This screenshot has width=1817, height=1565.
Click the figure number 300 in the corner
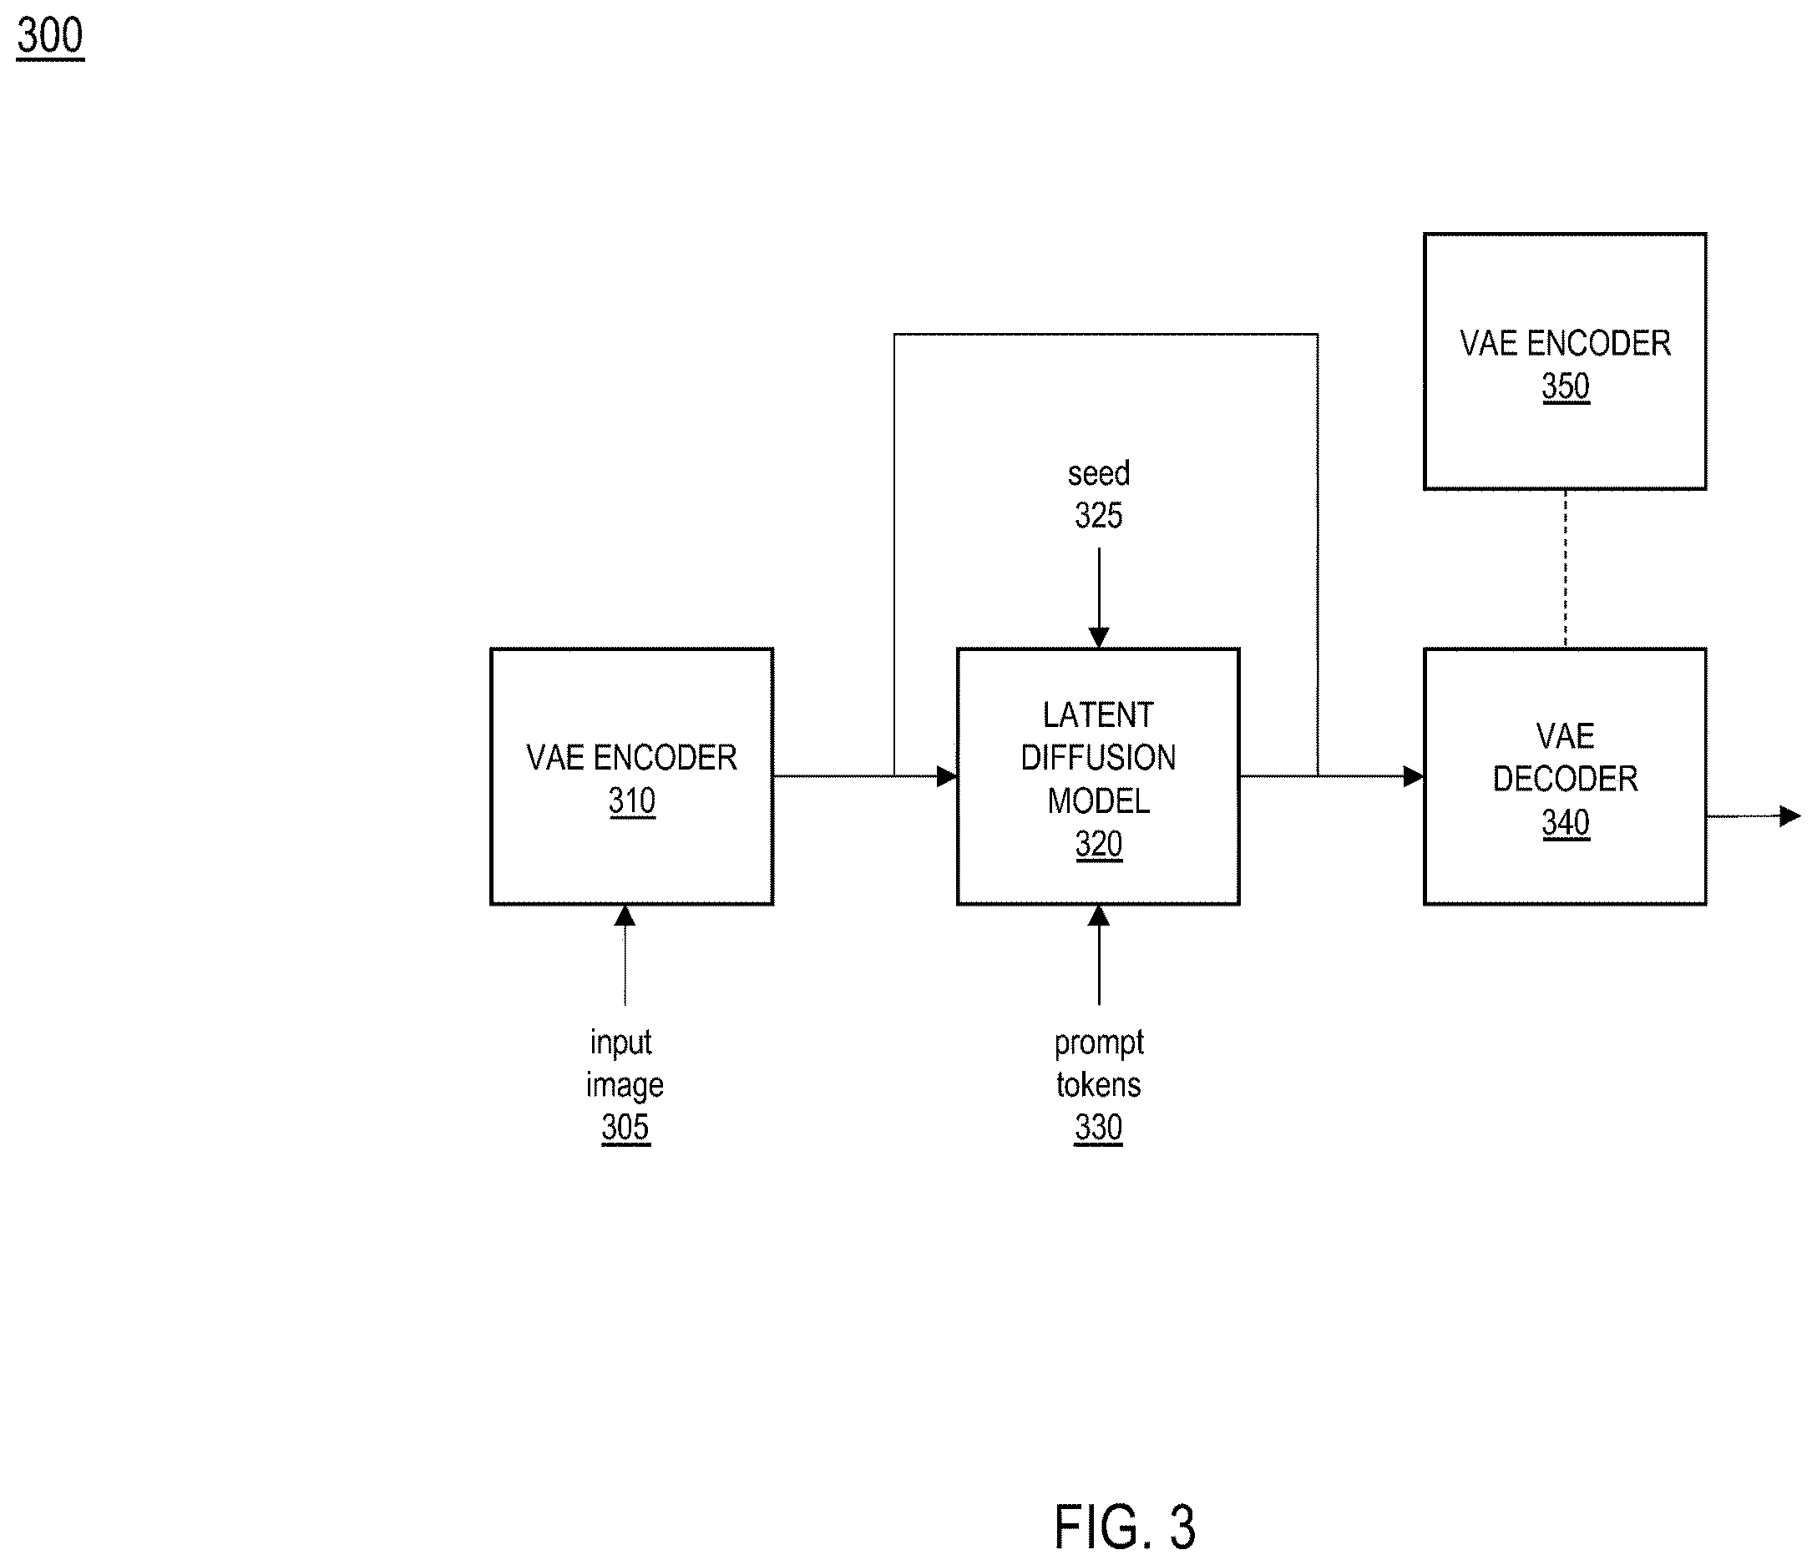[50, 36]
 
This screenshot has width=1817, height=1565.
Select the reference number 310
[631, 800]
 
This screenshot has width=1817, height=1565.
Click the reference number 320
[1099, 844]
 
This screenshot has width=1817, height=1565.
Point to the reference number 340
[1566, 822]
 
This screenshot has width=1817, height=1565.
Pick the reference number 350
[1566, 386]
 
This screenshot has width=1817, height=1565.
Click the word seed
[1099, 473]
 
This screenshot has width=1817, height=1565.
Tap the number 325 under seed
[1099, 516]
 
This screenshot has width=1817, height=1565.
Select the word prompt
[1099, 1043]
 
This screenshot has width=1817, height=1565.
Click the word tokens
[1099, 1084]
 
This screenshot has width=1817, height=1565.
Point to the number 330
[1099, 1127]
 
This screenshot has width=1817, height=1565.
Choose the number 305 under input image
[625, 1127]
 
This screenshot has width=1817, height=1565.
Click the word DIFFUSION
[1099, 758]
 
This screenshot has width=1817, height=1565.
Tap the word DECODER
[1566, 779]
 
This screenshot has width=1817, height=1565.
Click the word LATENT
[1099, 714]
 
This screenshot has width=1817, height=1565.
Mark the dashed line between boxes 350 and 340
[1566, 569]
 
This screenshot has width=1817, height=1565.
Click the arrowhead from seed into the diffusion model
[1099, 638]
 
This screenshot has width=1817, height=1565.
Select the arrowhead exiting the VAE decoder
[1789, 816]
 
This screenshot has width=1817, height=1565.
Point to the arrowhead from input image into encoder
[625, 916]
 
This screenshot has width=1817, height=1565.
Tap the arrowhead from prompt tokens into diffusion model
[1099, 916]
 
